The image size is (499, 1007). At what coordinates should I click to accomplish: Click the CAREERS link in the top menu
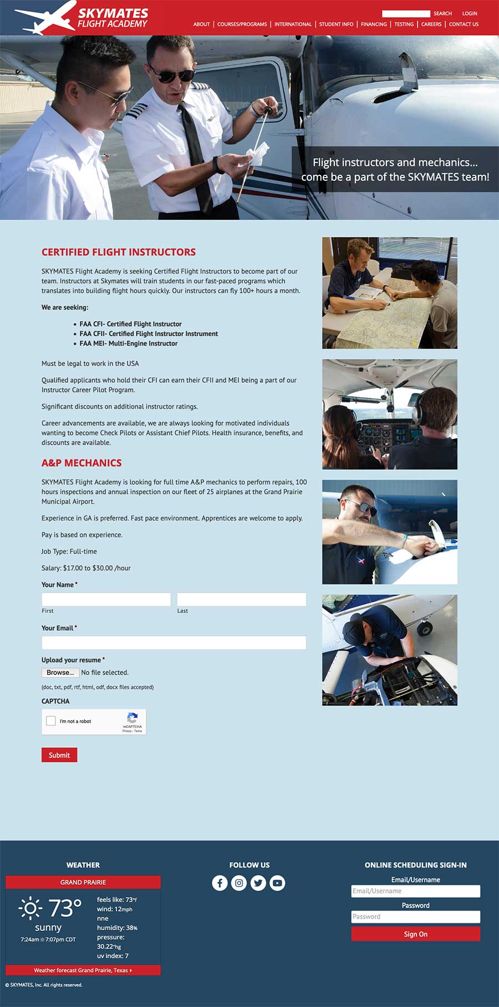[x=431, y=24]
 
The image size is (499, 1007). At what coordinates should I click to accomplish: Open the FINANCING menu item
[x=374, y=24]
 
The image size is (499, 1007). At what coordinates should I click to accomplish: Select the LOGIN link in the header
[x=470, y=13]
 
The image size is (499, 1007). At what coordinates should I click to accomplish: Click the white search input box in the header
[x=406, y=13]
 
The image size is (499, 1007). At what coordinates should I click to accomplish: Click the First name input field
[x=106, y=599]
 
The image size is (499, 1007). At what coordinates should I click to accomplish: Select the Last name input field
[x=241, y=599]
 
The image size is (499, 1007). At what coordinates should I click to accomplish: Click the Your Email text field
[x=174, y=642]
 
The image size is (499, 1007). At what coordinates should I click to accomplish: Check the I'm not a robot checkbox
[x=51, y=721]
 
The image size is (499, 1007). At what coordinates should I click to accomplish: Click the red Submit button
[x=59, y=755]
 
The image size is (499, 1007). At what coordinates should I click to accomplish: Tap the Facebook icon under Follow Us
[x=220, y=883]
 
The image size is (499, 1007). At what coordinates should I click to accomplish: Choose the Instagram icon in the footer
[x=239, y=883]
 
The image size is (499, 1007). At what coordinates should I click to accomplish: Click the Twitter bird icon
[x=258, y=883]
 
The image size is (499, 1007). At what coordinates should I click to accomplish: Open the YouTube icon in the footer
[x=277, y=883]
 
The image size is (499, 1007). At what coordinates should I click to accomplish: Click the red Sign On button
[x=415, y=934]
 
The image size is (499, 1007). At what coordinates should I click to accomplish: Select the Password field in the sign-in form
[x=415, y=917]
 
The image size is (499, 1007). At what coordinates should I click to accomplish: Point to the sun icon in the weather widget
[x=30, y=908]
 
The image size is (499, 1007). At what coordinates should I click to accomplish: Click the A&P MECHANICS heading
[x=82, y=463]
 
